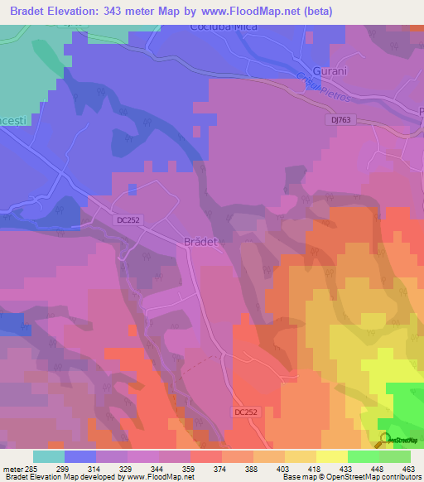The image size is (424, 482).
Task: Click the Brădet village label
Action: [198, 242]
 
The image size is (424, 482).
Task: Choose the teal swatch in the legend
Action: [48, 455]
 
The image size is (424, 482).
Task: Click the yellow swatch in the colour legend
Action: [330, 455]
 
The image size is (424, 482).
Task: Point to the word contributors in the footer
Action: [401, 477]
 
